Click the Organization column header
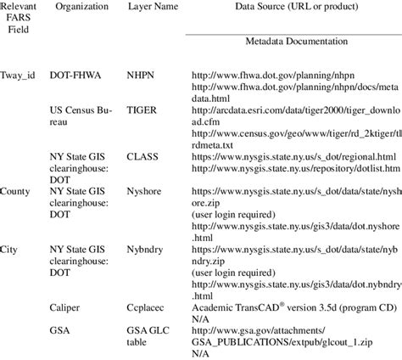coord(81,6)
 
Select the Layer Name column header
coord(152,6)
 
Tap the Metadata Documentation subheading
coord(288,40)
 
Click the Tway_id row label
coord(20,75)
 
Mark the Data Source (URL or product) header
coord(288,6)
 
